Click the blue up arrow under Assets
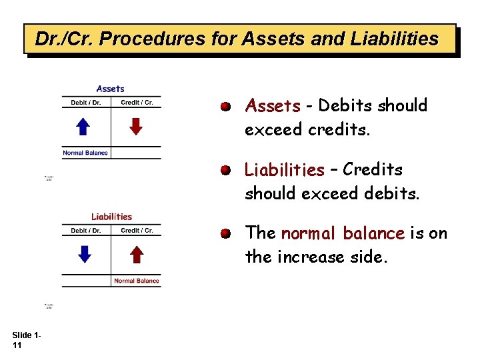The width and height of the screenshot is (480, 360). tap(83, 126)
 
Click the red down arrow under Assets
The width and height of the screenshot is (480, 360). tap(136, 126)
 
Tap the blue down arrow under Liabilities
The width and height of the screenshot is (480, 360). tap(83, 253)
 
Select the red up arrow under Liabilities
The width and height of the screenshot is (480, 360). tap(136, 253)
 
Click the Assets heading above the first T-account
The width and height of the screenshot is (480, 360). tap(110, 89)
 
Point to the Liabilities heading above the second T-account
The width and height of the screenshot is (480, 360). tap(111, 216)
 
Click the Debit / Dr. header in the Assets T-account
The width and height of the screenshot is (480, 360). tap(86, 103)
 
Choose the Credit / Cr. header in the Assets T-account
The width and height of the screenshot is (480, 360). tap(137, 103)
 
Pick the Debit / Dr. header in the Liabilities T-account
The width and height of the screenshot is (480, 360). tap(86, 231)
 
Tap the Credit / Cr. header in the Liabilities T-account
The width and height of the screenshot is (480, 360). tap(137, 231)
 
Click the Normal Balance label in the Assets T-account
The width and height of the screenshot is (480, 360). tap(85, 153)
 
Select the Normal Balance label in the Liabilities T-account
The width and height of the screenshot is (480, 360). tap(137, 281)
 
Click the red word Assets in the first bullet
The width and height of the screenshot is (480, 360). tap(273, 106)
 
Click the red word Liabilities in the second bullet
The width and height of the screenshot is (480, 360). tap(284, 170)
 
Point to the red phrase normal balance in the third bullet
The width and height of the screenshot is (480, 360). tap(343, 233)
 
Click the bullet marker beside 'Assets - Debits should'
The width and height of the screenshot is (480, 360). tap(227, 106)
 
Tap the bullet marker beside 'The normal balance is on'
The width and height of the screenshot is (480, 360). tap(227, 233)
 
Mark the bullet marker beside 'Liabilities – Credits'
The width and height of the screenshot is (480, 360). tap(227, 170)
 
